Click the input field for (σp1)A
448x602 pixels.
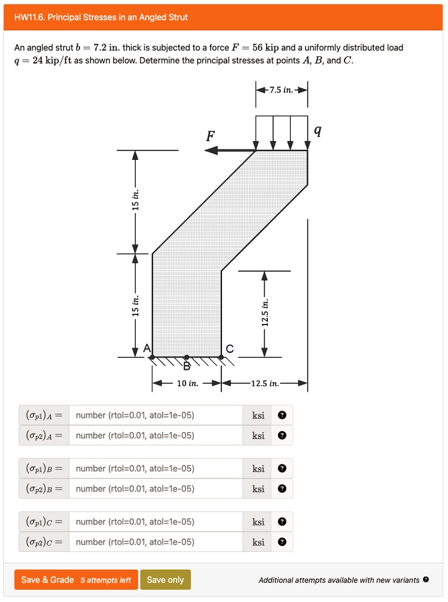coord(156,416)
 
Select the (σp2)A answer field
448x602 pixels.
coord(156,436)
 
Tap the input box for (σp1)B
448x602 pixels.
coord(156,469)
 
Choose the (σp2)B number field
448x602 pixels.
coord(156,489)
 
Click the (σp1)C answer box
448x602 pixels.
coord(156,521)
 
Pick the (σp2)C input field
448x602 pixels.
coord(156,542)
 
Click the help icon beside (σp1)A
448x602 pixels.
coord(282,416)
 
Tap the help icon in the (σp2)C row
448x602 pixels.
coord(282,542)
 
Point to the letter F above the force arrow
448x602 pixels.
coord(210,138)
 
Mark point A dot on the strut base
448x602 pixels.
coord(152,357)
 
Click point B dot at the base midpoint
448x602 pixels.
coord(187,357)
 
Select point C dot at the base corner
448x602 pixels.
coord(221,357)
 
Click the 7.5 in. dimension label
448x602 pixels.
coord(281,90)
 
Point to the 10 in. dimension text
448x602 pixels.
coord(187,384)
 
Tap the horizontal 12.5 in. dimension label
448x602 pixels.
coord(264,384)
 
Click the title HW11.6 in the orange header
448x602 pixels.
coord(101,17)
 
